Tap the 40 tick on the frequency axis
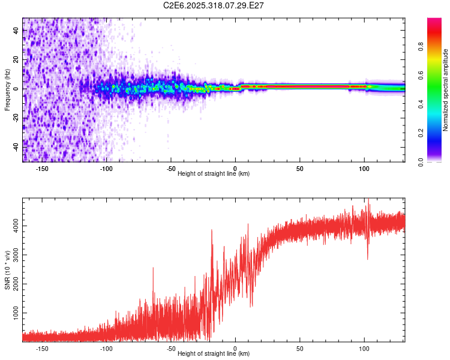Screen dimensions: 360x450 (16, 31)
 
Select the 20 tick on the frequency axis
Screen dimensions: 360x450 (16, 59)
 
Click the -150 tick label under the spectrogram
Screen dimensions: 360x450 (42, 168)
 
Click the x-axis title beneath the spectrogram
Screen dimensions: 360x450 (214, 174)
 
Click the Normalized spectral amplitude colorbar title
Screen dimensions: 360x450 (446, 90)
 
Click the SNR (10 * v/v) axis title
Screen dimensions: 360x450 (7, 270)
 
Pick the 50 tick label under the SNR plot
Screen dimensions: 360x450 (299, 348)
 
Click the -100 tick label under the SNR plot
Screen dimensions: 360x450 (106, 348)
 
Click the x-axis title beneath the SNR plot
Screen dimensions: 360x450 (214, 354)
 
